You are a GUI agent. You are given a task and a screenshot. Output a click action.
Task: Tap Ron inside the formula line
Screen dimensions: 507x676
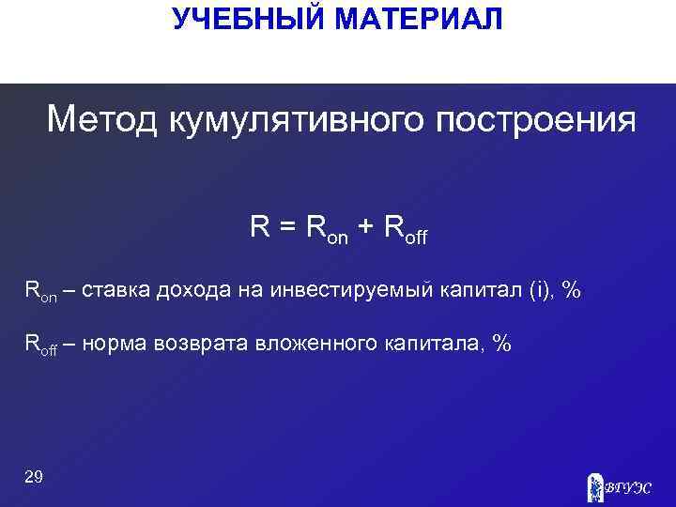coord(325,228)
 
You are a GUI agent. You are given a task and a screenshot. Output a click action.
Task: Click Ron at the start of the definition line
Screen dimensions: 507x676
coord(40,292)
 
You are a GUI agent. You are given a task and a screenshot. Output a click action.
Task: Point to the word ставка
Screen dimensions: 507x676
coord(114,291)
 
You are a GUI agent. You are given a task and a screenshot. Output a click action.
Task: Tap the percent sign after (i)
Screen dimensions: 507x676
coord(570,291)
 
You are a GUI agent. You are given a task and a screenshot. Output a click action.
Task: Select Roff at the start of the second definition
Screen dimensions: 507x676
coord(40,346)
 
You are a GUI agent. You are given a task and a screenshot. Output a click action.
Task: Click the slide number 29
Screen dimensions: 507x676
coord(34,477)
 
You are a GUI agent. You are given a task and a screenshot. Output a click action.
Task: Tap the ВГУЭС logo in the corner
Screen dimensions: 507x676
coord(619,485)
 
